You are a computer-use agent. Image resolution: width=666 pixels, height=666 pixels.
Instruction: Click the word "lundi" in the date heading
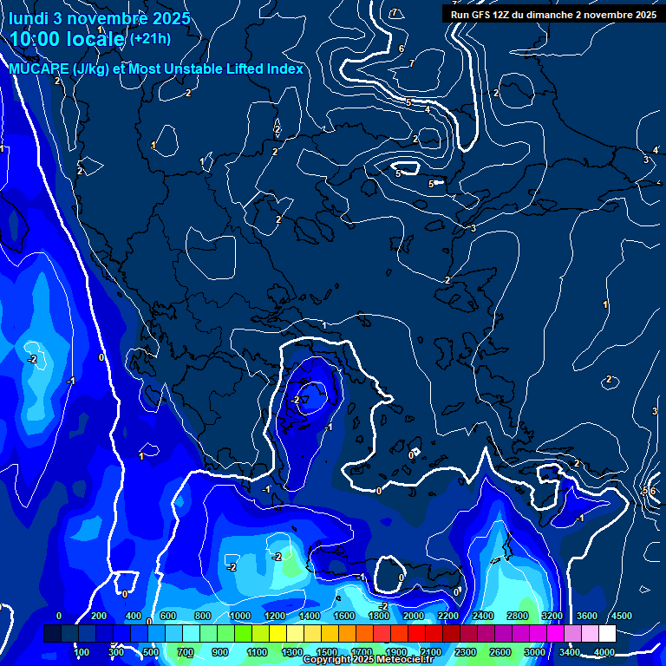[x=29, y=17]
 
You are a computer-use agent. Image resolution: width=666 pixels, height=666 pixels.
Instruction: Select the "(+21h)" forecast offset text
[x=150, y=39]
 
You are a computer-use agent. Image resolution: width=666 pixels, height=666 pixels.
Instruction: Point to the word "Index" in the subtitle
[x=283, y=69]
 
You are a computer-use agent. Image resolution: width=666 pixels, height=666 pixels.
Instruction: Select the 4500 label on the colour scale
[x=621, y=616]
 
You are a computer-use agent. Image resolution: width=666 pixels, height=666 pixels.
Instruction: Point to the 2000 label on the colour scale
[x=413, y=616]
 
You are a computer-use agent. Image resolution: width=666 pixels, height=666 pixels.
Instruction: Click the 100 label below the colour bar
[x=82, y=652]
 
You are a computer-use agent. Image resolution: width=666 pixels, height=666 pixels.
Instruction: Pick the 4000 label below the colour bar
[x=604, y=652]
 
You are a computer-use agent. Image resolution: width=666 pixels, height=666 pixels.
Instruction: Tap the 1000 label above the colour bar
[x=239, y=616]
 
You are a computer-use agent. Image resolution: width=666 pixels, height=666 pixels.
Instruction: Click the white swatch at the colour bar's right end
[x=607, y=634]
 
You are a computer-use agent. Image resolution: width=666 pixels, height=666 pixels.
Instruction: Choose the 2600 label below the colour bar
[x=500, y=652]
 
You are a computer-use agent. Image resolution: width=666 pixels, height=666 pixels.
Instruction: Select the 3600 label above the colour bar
[x=586, y=616]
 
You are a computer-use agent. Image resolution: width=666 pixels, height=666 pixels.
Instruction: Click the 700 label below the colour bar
[x=186, y=652]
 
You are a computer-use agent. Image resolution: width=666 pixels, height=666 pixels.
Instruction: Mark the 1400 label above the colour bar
[x=309, y=616]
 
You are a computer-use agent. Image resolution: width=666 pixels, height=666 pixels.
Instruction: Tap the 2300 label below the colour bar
[x=466, y=652]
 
